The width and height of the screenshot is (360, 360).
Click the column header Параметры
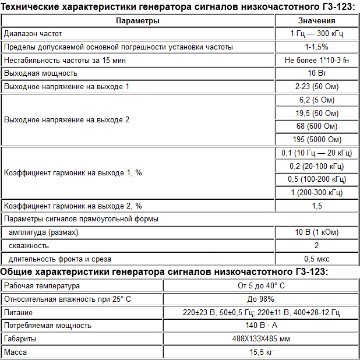pos(137,20)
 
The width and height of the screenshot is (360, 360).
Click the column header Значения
pos(316,20)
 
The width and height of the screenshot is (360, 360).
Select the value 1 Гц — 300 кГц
pos(316,34)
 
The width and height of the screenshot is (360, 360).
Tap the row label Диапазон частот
pos(33,34)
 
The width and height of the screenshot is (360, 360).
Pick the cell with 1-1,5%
pos(316,47)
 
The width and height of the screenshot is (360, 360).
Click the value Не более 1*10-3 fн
pos(316,60)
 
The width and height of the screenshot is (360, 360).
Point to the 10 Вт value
pos(316,73)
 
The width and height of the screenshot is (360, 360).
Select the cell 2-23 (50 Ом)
pos(316,87)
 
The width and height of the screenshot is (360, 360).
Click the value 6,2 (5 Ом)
pos(316,100)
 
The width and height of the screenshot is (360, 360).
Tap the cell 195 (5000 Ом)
pos(316,140)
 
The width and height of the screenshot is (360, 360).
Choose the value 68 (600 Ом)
pos(316,126)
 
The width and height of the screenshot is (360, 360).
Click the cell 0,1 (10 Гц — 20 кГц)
pos(316,153)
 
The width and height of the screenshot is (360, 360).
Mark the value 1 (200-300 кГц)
pos(316,193)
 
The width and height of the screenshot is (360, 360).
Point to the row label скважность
pos(29,246)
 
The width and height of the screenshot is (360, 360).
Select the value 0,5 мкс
pos(316,259)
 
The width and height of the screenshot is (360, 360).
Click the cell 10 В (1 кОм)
pos(316,232)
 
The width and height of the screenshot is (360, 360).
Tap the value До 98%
pos(261,299)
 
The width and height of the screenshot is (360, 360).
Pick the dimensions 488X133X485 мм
pos(261,338)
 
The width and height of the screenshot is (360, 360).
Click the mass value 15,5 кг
pos(261,352)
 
